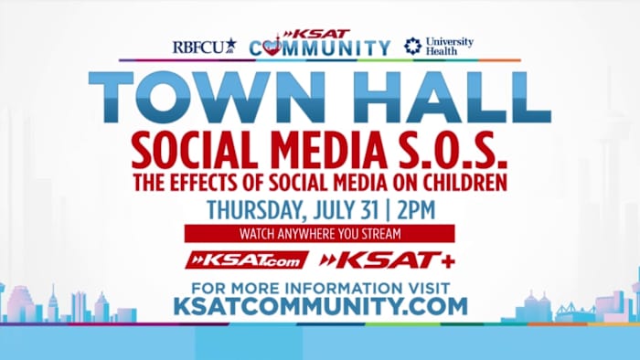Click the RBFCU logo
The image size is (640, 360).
(204, 46)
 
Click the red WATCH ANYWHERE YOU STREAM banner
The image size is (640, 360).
(319, 233)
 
